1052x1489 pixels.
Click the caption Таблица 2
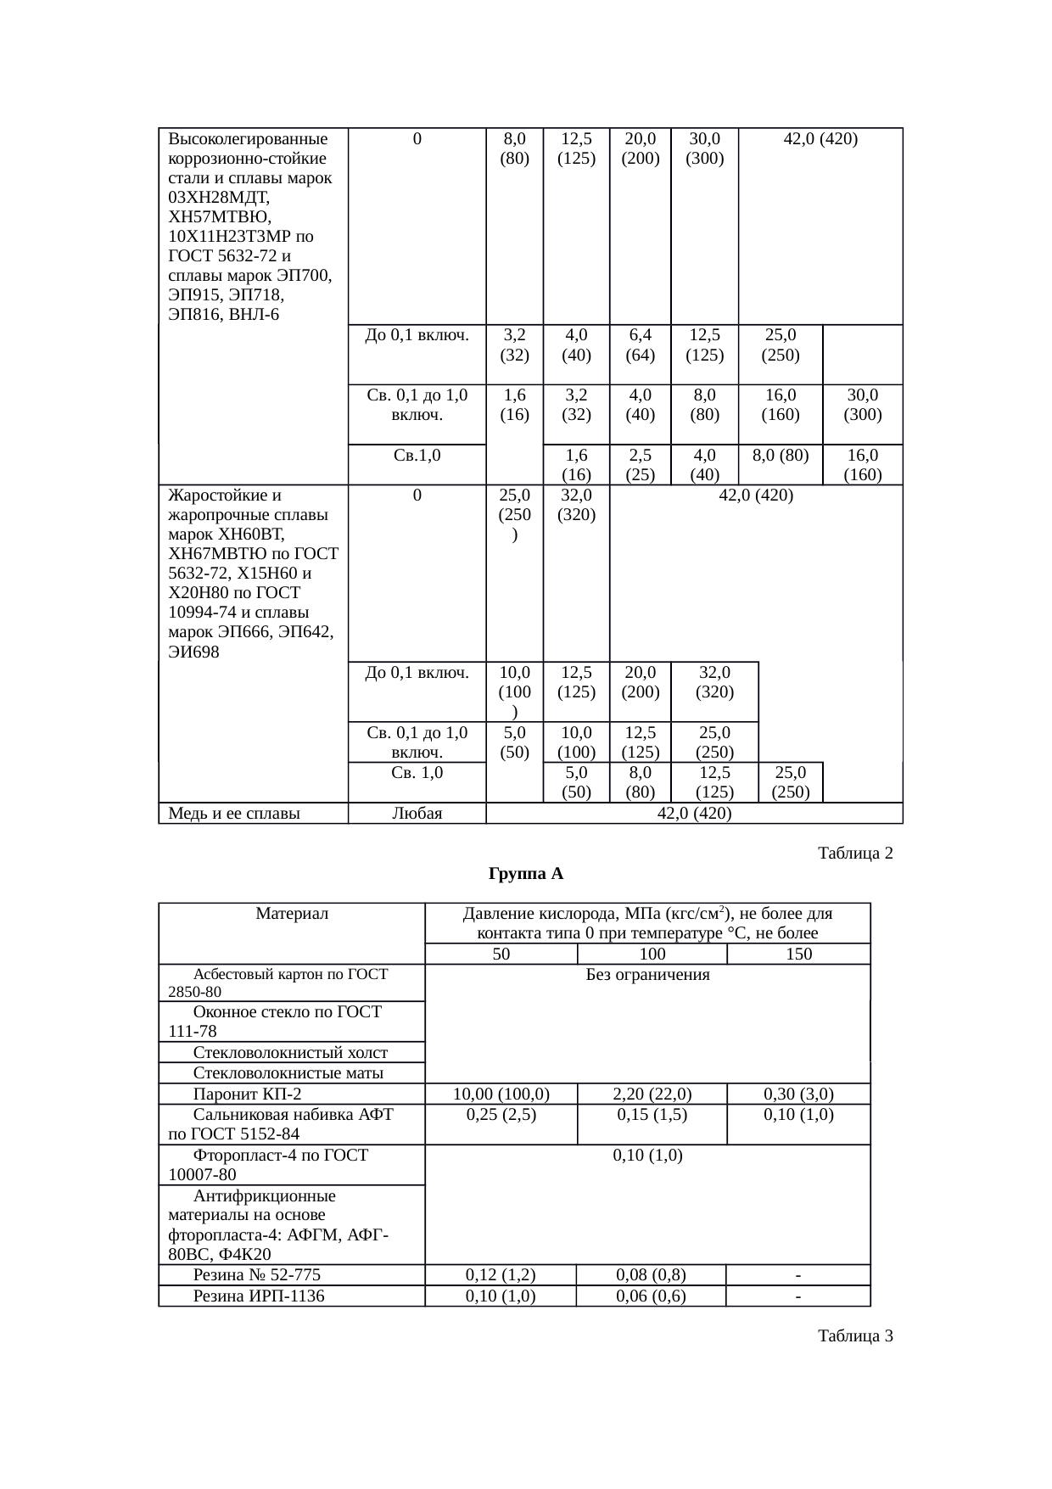[854, 852]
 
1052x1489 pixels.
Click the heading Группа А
[526, 873]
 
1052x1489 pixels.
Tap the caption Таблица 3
[854, 1336]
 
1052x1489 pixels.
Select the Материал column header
[291, 914]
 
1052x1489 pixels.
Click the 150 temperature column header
[798, 954]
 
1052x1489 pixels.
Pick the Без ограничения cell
[647, 975]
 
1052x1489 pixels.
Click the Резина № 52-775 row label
[256, 1274]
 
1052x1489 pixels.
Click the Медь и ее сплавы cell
[234, 814]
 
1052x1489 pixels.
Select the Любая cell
[417, 814]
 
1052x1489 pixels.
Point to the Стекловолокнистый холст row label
[290, 1053]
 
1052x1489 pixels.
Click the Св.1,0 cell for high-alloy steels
[417, 455]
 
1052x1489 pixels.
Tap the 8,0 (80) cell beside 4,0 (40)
[780, 455]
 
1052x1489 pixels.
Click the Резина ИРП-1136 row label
[259, 1296]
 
